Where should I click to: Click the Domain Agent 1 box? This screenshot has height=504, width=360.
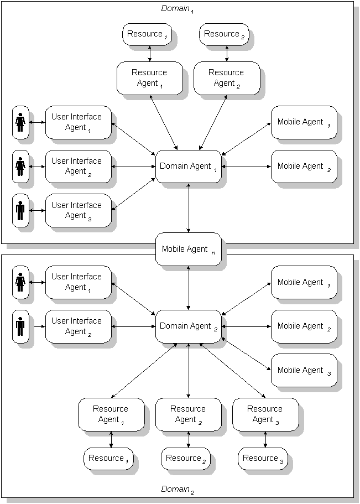point(189,166)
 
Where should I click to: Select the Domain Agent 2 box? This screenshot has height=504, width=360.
point(189,326)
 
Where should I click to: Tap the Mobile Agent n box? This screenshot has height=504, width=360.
point(189,249)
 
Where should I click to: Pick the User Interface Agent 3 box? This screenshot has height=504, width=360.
point(78,210)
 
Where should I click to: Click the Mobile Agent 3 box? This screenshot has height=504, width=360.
point(304,370)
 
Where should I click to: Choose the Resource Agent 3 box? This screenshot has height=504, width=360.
point(265,414)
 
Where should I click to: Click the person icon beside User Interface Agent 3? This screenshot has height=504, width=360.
point(20,210)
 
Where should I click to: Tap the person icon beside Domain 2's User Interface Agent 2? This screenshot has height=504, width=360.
point(20,326)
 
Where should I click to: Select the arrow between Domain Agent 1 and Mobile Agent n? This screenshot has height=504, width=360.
point(189,207)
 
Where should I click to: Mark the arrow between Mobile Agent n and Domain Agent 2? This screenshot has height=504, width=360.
point(189,288)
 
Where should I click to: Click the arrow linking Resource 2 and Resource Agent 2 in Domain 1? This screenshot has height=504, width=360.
point(227,54)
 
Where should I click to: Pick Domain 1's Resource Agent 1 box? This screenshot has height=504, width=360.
point(149,78)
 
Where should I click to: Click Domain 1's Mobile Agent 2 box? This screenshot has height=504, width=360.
point(304,166)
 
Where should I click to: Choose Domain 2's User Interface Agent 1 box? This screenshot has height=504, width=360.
point(78,282)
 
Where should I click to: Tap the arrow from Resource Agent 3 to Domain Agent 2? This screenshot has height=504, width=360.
point(232,371)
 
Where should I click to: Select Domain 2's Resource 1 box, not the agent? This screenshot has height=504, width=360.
point(108,458)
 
